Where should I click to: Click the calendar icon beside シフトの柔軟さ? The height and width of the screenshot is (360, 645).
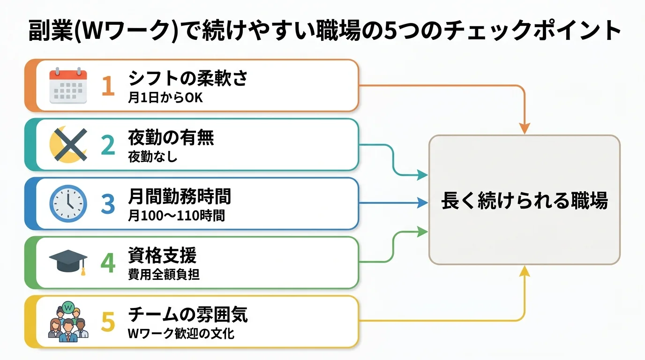tap(68, 86)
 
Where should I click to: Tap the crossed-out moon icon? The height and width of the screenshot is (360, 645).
tap(68, 145)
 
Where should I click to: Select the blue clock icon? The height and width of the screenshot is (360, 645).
tap(68, 204)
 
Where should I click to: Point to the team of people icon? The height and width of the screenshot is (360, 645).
tap(68, 322)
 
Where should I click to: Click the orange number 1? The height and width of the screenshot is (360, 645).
tap(108, 86)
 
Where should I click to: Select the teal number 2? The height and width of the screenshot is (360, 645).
tap(108, 145)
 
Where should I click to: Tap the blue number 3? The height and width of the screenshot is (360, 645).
tap(108, 204)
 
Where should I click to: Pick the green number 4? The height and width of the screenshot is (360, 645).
tap(108, 263)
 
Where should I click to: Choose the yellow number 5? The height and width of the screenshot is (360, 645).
tap(108, 322)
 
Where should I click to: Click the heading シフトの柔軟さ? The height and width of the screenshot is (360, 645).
tap(187, 78)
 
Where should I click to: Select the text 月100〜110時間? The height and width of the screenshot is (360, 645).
tap(176, 216)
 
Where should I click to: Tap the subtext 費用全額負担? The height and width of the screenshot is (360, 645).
tap(164, 275)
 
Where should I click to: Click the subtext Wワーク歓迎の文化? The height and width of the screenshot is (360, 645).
tap(181, 334)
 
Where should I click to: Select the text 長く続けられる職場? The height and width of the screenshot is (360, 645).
tap(525, 201)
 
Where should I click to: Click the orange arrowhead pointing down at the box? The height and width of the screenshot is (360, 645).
tap(525, 128)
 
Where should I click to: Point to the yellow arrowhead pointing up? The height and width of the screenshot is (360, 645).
tap(525, 271)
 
